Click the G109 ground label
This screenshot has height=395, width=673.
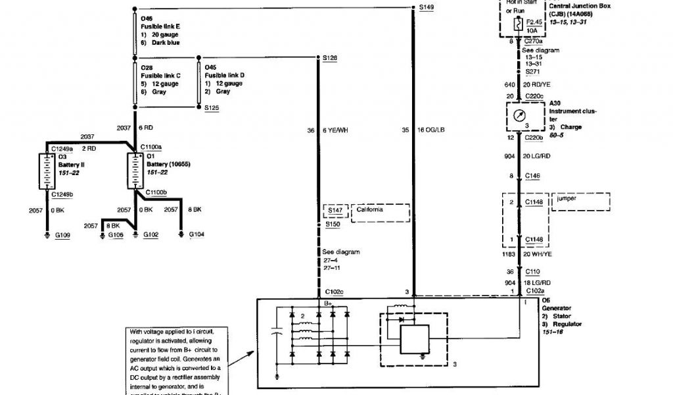62,234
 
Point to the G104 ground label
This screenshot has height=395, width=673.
197,234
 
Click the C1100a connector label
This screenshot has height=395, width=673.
151,147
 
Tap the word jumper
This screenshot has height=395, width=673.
566,197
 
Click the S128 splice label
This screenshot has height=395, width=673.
330,58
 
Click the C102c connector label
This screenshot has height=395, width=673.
333,292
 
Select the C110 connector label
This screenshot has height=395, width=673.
533,271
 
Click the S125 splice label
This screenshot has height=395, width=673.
212,107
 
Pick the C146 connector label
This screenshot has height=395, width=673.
533,176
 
